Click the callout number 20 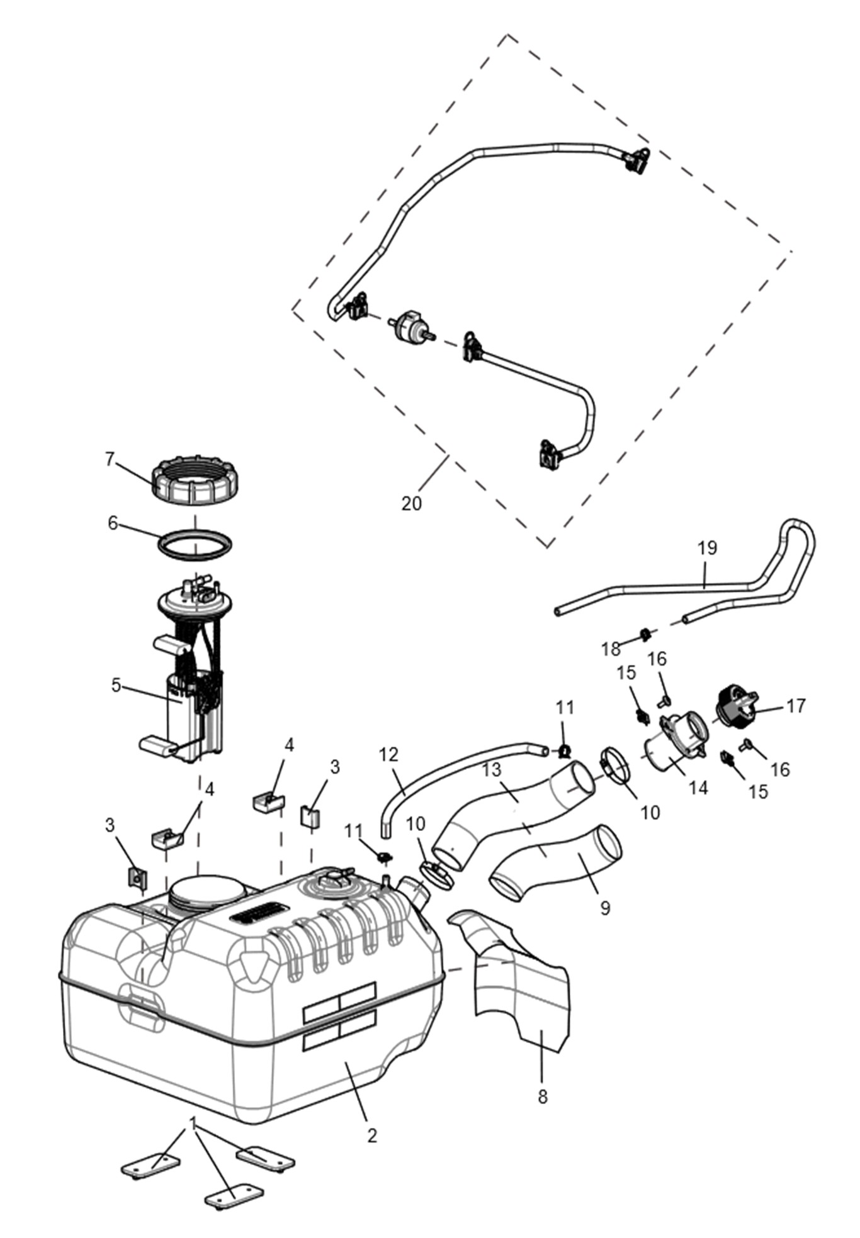click(411, 504)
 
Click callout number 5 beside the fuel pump click(116, 685)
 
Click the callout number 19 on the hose click(708, 548)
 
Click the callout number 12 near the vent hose click(390, 754)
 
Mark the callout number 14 click(698, 787)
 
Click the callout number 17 click(796, 706)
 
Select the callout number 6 click(113, 523)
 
